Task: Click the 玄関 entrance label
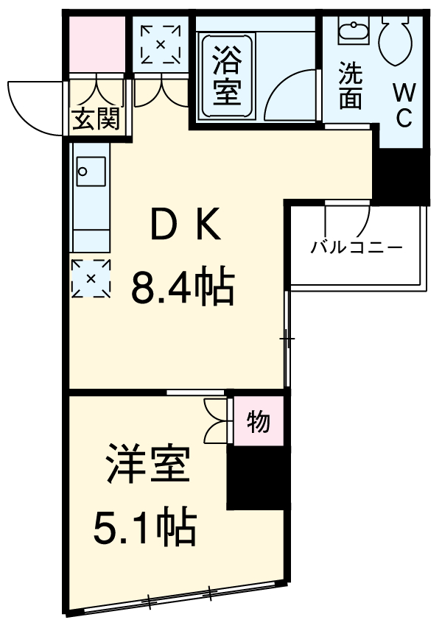[x=97, y=119]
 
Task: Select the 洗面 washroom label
[x=350, y=86]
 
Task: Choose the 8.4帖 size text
[x=183, y=287]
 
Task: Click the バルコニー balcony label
[x=356, y=247]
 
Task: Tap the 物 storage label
[x=258, y=422]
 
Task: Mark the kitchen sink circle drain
[x=83, y=173]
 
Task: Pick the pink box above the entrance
[x=97, y=43]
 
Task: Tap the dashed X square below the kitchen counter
[x=91, y=278]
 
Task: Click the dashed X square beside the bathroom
[x=161, y=44]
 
